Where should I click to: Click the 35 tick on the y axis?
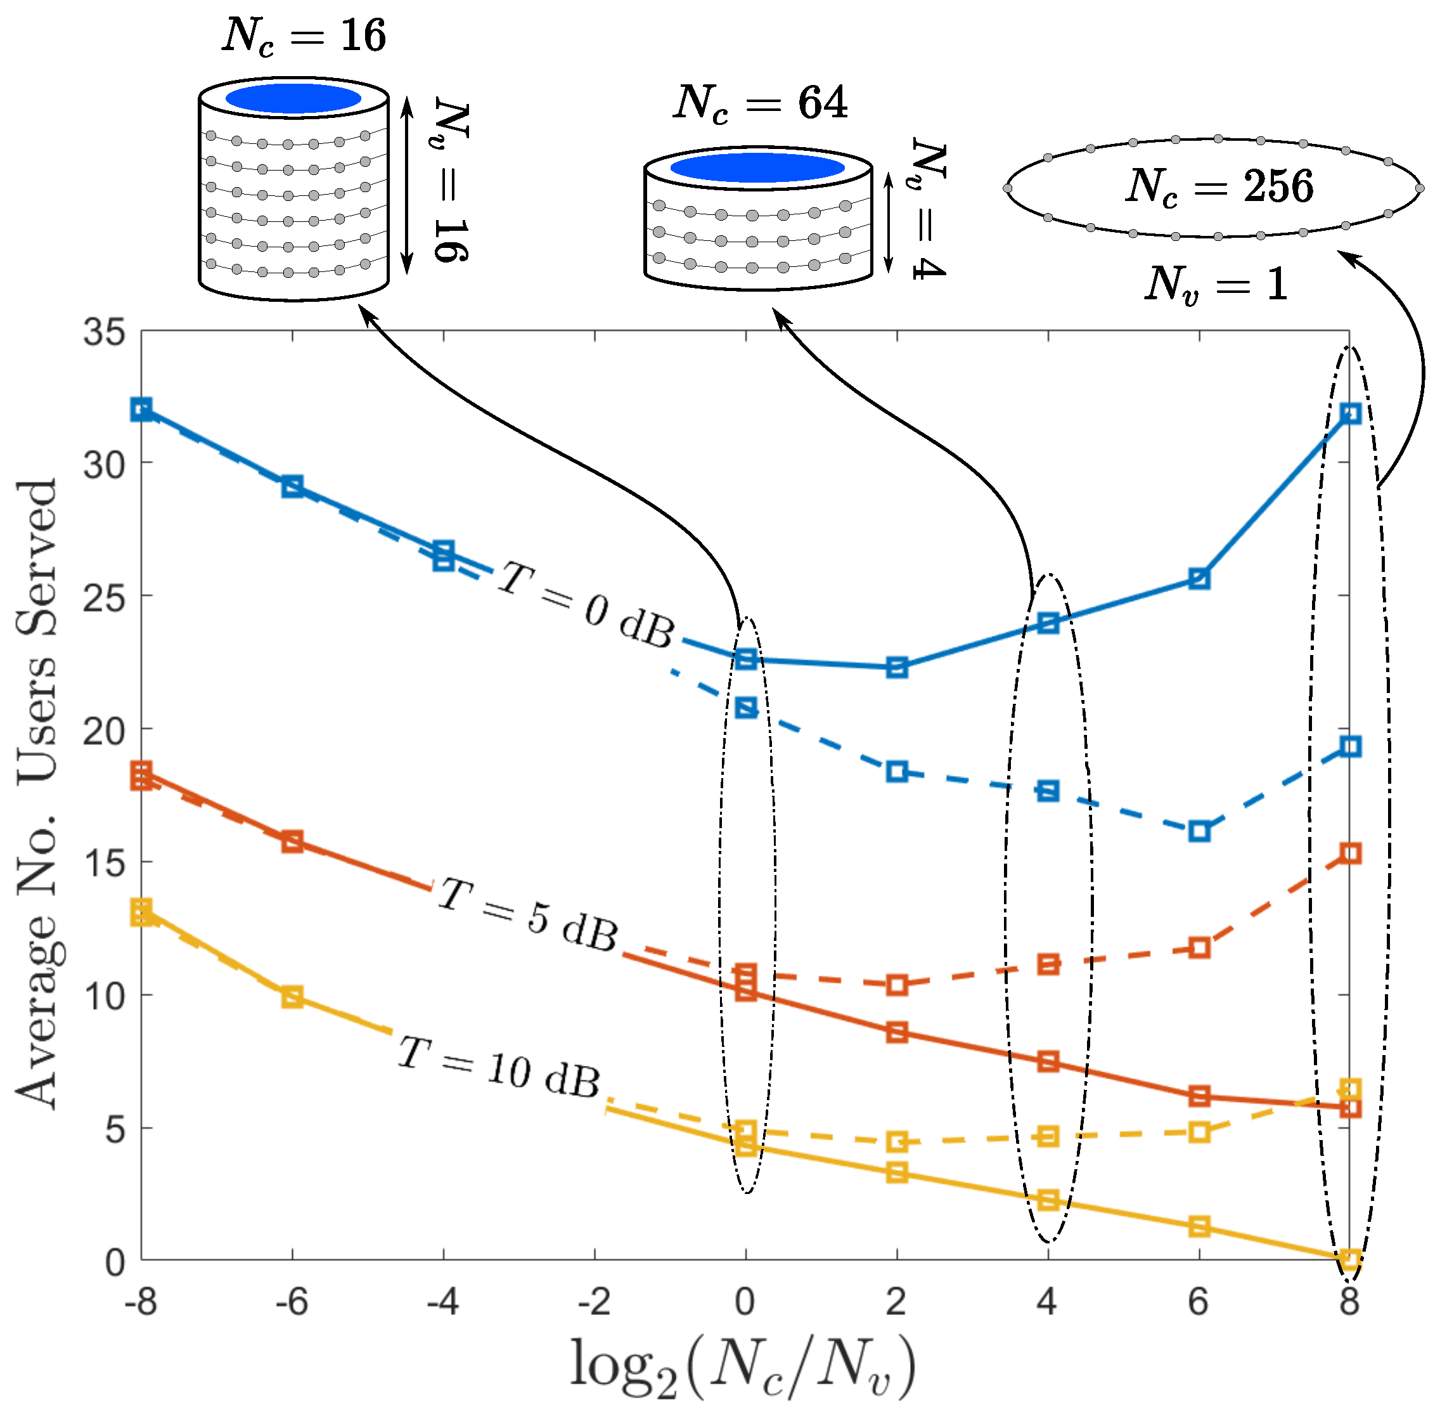click(104, 333)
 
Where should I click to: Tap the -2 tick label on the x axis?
click(594, 1301)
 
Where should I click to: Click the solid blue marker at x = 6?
click(1199, 578)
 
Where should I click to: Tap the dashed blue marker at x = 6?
click(1199, 832)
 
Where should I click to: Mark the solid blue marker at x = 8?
click(1351, 413)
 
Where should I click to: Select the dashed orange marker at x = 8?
click(1351, 853)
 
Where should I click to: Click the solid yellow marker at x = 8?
click(1351, 1259)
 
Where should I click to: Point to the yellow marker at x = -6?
click(293, 997)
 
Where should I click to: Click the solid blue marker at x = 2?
click(897, 668)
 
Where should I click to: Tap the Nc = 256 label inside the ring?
click(1219, 186)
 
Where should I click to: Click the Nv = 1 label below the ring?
click(1216, 285)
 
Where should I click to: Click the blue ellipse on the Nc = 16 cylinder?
click(293, 99)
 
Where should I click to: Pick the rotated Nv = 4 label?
click(928, 209)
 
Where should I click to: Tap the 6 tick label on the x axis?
click(1199, 1301)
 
